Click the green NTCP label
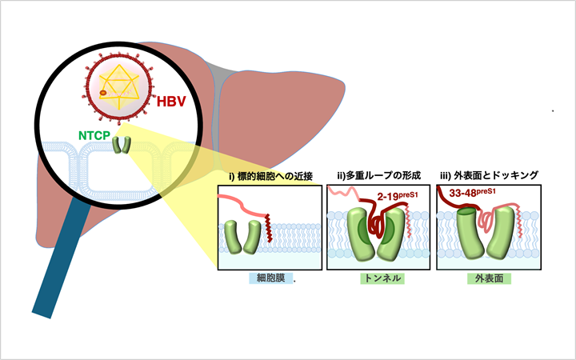[94, 137]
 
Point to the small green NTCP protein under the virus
[122, 145]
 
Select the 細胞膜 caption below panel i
[267, 280]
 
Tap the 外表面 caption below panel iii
[487, 280]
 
